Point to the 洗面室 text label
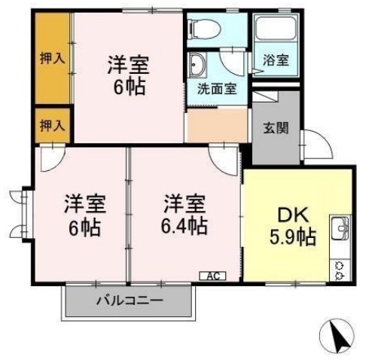217,88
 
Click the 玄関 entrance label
274,128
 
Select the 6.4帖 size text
186,225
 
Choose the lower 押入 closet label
52,124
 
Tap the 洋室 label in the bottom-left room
83,203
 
